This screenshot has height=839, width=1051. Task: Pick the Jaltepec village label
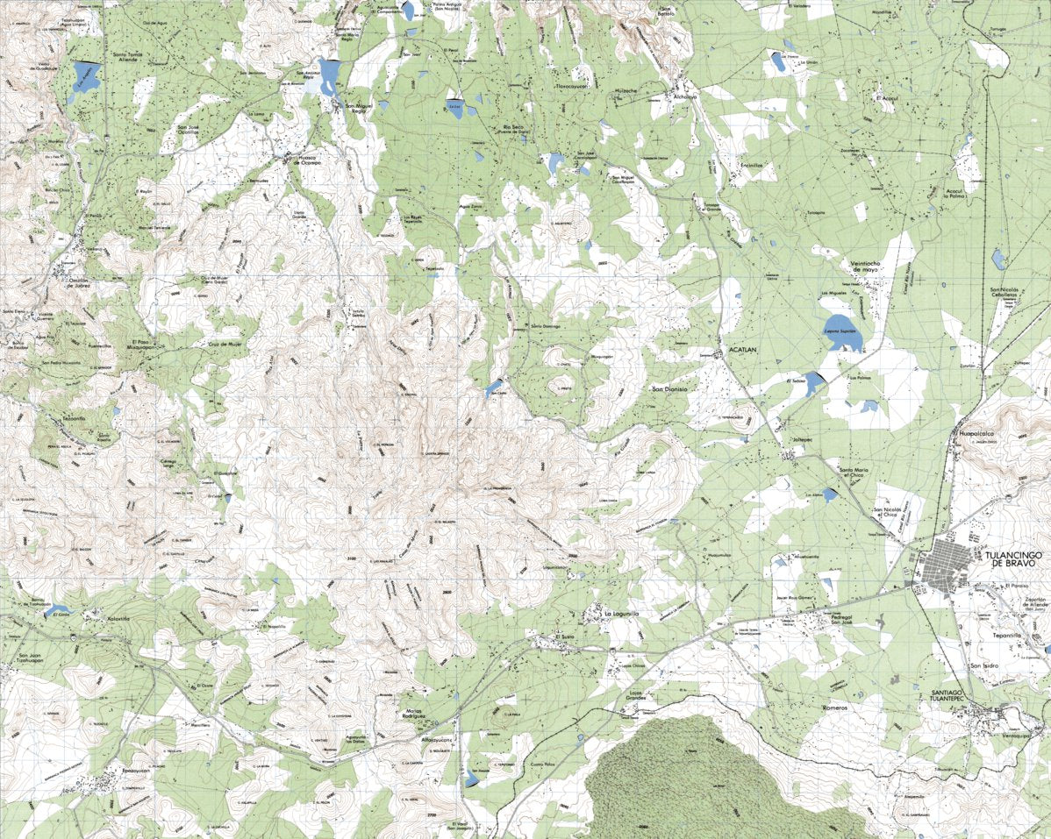pos(803,436)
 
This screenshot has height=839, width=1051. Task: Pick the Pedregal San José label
pos(835,620)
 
